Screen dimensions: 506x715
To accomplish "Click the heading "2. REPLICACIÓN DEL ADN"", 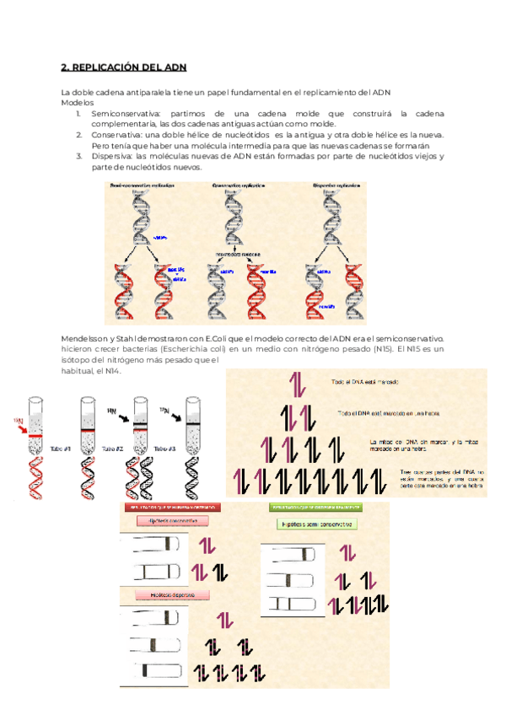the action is (x=124, y=67).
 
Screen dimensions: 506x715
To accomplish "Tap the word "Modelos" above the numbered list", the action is (x=77, y=101).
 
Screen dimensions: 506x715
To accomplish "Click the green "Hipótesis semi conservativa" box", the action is (x=316, y=524).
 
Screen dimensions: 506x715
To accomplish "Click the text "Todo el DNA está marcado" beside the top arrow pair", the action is (x=365, y=382).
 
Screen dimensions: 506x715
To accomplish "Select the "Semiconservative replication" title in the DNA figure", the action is (x=140, y=184).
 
